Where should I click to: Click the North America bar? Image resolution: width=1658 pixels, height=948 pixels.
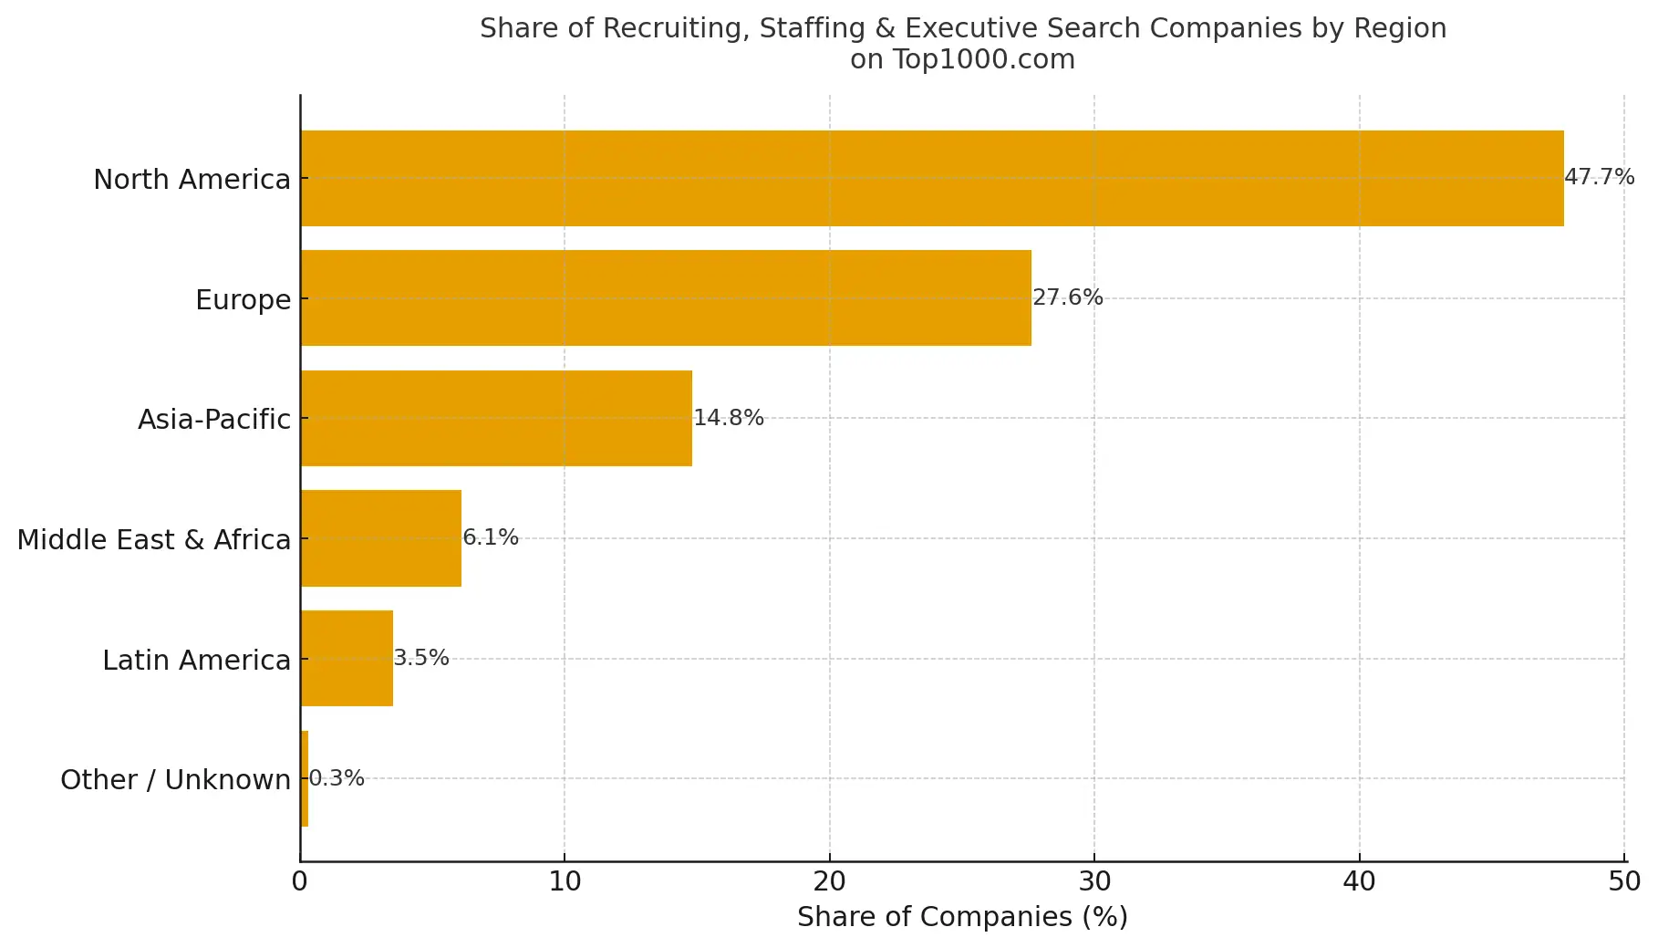(x=930, y=178)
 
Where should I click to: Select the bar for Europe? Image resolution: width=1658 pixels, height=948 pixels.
(x=666, y=297)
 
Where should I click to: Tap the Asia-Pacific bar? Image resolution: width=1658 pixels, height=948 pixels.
(x=495, y=418)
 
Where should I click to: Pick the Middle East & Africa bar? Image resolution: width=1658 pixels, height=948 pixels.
(x=380, y=538)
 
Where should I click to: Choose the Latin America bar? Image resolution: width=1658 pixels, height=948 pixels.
(x=347, y=658)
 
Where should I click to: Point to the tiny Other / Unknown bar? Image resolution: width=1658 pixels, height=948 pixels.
(x=305, y=778)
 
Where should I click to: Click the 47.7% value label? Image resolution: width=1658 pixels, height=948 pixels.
(x=1599, y=177)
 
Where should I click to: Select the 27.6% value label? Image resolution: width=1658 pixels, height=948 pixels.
(x=1067, y=297)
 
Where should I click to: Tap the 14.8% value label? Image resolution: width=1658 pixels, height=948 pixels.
(x=728, y=418)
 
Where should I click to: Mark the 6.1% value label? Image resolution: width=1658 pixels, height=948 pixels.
(x=490, y=537)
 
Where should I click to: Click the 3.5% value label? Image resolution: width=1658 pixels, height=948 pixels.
(x=420, y=658)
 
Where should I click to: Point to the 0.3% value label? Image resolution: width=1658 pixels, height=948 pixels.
(x=336, y=778)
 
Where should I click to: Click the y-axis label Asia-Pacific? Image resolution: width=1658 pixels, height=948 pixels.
(x=213, y=420)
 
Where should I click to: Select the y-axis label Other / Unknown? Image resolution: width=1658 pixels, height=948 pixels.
(x=175, y=780)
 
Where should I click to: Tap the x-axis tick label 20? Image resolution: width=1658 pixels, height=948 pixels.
(x=829, y=881)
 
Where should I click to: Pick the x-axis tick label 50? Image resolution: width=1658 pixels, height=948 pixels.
(x=1624, y=881)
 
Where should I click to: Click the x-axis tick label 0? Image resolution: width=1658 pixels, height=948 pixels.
(x=299, y=881)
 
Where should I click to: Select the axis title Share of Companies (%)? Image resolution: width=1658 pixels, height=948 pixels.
(x=962, y=917)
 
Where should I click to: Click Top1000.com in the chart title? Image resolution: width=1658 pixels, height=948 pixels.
(x=983, y=59)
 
